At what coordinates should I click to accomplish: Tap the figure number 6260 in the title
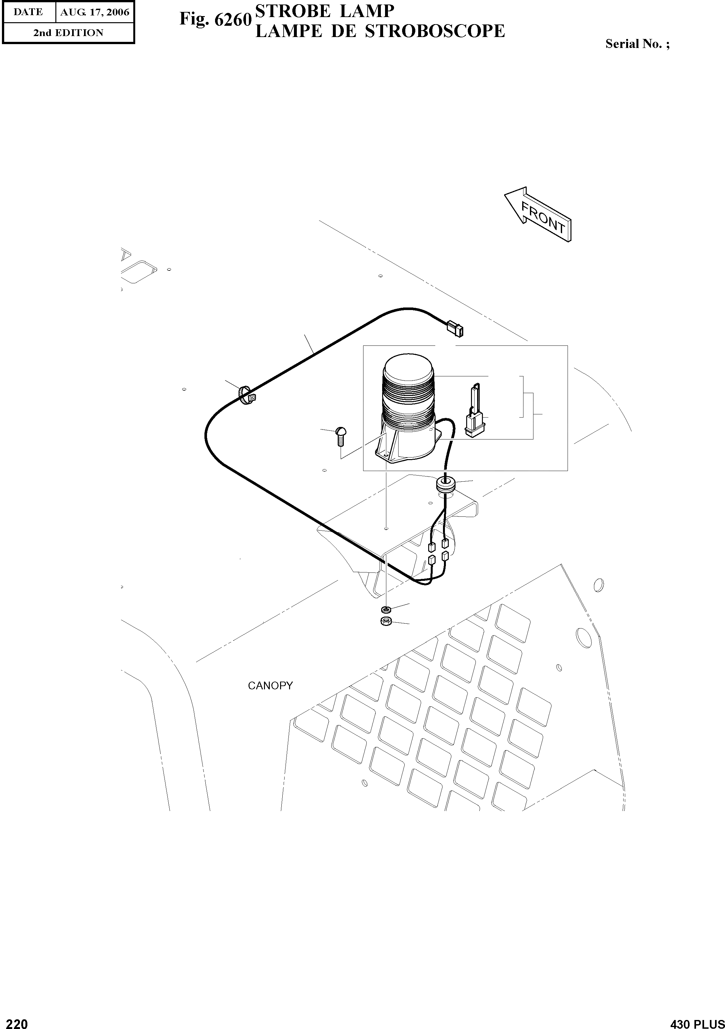coord(232,20)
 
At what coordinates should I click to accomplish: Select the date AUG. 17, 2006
coord(95,13)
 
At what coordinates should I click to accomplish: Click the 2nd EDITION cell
coord(68,33)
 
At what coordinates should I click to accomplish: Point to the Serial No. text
coord(637,44)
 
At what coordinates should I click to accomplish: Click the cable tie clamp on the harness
coord(247,395)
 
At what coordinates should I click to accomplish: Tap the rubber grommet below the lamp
coord(445,485)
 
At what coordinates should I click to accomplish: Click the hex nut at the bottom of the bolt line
coord(386,621)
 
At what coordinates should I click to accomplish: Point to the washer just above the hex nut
coord(385,609)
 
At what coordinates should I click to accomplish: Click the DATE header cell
coord(28,13)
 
